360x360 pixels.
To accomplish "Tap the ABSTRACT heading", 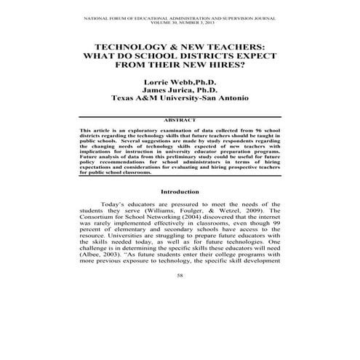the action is point(180,120).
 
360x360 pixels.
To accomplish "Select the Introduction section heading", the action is point(180,192).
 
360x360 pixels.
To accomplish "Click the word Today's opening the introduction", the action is point(116,207).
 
